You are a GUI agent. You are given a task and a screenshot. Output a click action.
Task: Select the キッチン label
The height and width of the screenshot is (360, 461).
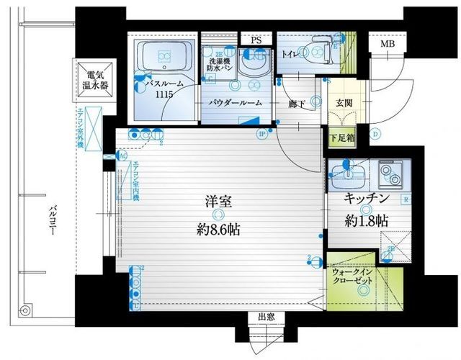[x=367, y=197]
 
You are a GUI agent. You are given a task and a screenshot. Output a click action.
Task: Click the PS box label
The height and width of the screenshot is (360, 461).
[x=256, y=41]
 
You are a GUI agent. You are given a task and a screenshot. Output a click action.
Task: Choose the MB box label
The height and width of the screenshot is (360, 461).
[x=387, y=44]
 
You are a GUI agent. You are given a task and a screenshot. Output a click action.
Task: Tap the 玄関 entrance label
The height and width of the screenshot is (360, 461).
[x=343, y=103]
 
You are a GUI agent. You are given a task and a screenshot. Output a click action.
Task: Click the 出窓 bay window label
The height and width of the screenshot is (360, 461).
[x=266, y=318]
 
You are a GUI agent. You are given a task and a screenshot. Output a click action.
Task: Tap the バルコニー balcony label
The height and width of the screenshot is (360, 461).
[x=52, y=220]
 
